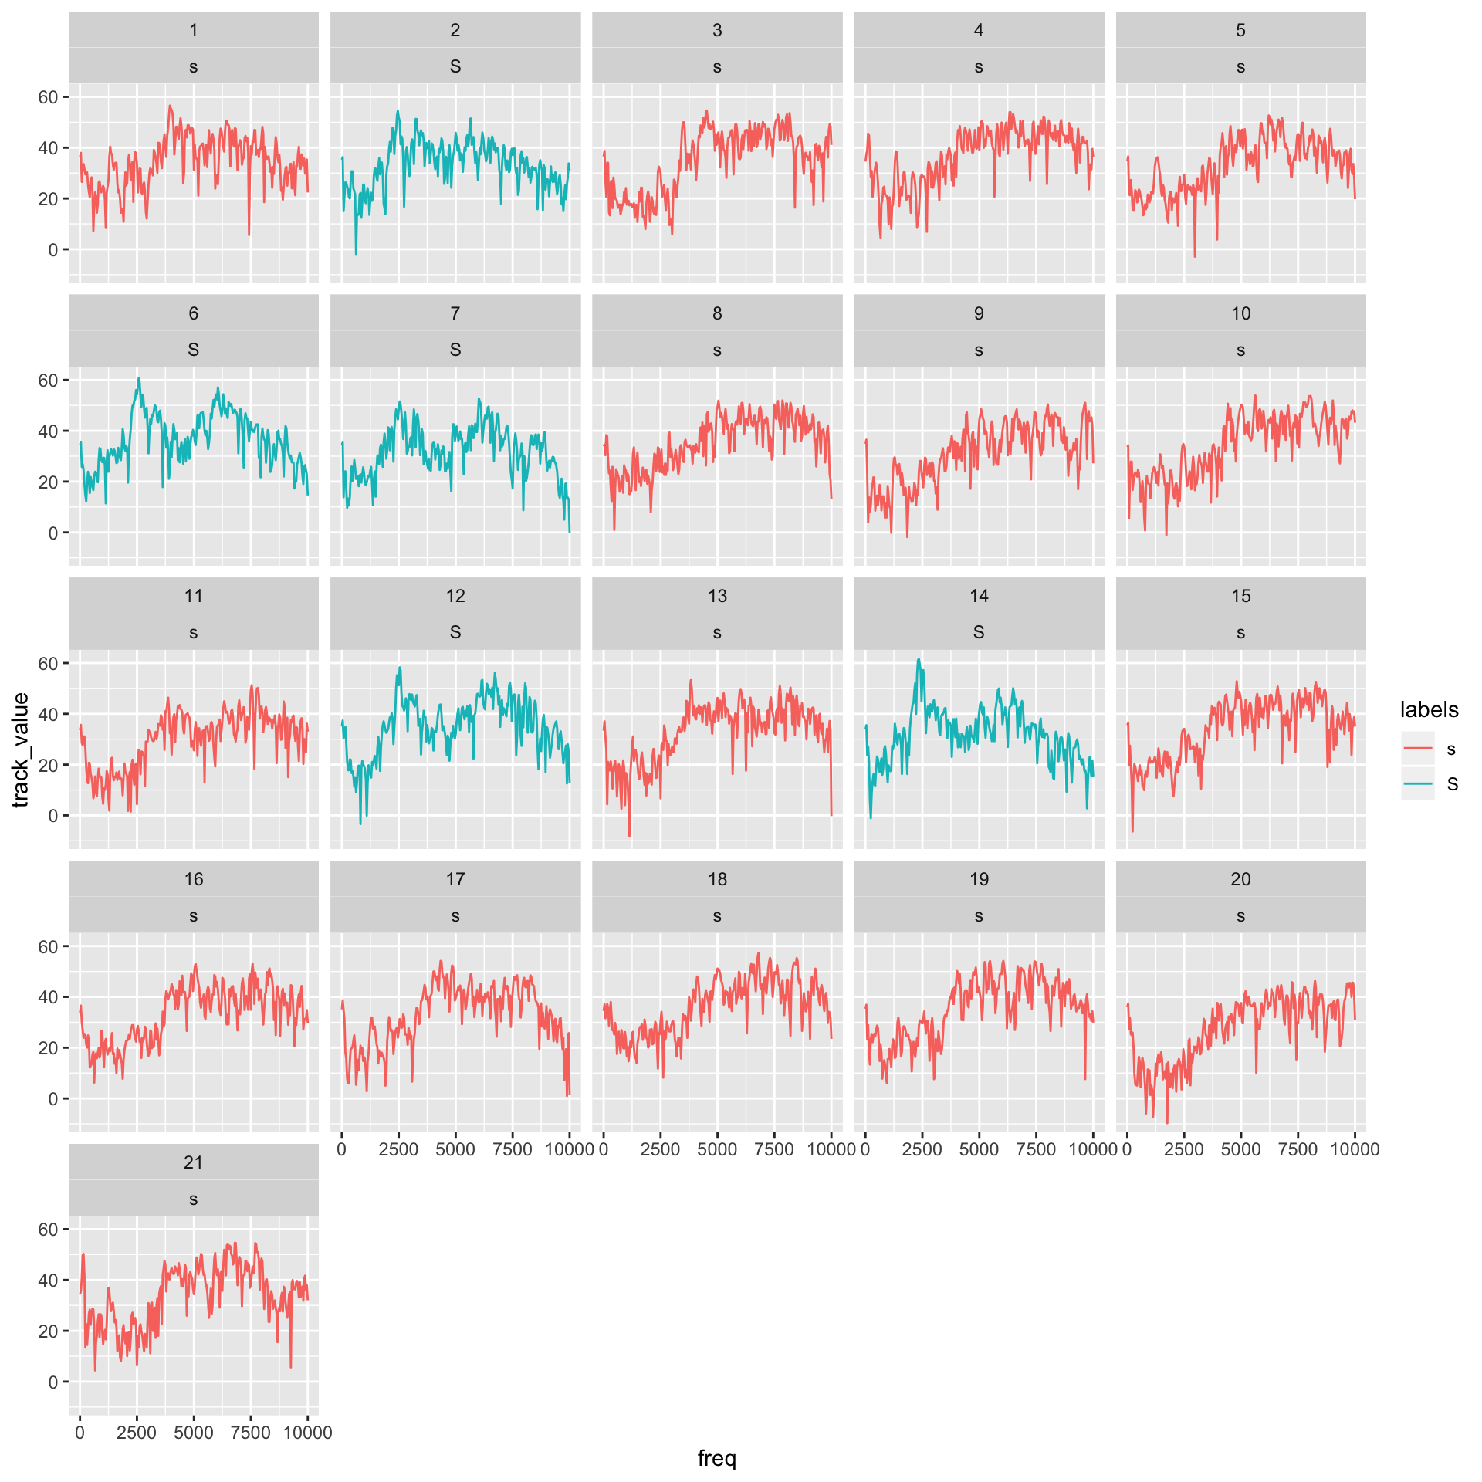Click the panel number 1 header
[x=193, y=30]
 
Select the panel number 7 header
[x=455, y=313]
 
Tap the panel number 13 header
[x=717, y=596]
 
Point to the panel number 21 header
[x=193, y=1162]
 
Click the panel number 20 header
[x=1240, y=879]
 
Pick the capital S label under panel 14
[x=979, y=632]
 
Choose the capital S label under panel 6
[x=193, y=350]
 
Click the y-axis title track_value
[x=21, y=749]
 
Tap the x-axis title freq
[x=717, y=1458]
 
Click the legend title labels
[x=1429, y=710]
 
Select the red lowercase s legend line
[x=1418, y=748]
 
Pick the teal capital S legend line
[x=1418, y=784]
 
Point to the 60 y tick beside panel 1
[x=48, y=97]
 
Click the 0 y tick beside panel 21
[x=53, y=1382]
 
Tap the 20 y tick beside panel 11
[x=48, y=765]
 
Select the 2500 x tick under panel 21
[x=137, y=1433]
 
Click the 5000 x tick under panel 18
[x=717, y=1149]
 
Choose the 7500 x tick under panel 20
[x=1298, y=1149]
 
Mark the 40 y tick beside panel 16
[x=48, y=997]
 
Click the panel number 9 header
[x=979, y=313]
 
